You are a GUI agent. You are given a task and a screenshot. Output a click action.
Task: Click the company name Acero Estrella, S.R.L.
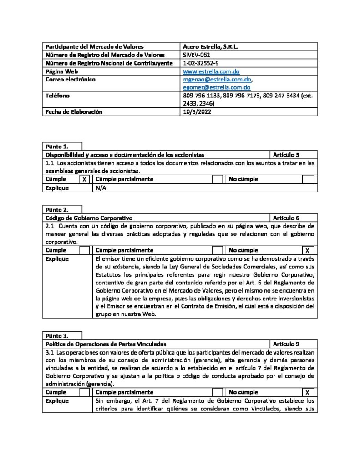(x=210, y=46)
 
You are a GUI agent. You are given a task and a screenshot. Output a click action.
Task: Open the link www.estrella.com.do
(x=211, y=71)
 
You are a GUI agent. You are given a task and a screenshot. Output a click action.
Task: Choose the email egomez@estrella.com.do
(x=217, y=87)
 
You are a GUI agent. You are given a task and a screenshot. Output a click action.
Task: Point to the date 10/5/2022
(x=197, y=111)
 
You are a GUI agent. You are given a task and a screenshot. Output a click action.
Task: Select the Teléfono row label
(x=57, y=96)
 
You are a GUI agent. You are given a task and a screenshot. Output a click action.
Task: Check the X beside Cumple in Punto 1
(x=84, y=179)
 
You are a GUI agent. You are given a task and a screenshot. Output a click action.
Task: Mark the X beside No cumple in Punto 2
(x=307, y=251)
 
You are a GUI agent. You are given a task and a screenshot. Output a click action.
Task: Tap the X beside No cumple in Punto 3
(x=307, y=392)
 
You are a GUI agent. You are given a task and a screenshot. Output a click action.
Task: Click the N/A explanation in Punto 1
(x=101, y=187)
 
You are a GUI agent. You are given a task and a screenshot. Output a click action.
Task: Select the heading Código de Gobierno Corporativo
(x=89, y=218)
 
